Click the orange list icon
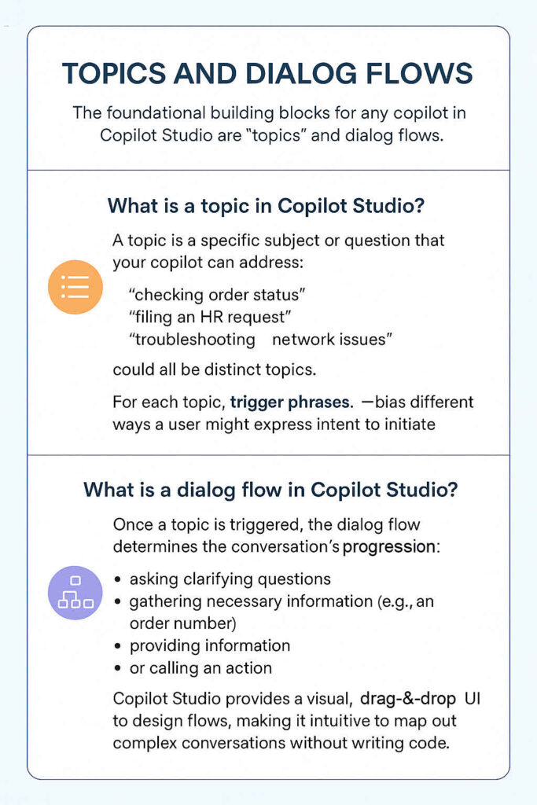(x=75, y=288)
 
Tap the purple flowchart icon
(x=75, y=593)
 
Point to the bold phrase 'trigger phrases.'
(x=291, y=403)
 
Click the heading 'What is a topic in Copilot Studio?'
(x=267, y=207)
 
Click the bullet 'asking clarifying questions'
(x=230, y=579)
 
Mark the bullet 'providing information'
(x=210, y=645)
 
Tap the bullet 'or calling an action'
(x=200, y=668)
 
